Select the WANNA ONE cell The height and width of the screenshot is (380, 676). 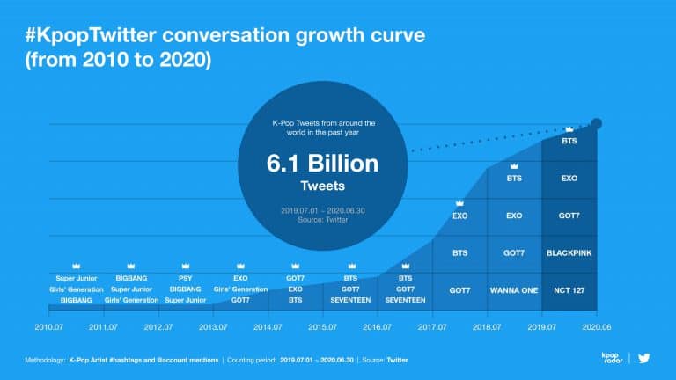click(514, 289)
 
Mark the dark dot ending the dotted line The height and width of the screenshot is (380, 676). click(598, 123)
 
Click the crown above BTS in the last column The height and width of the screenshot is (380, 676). click(569, 130)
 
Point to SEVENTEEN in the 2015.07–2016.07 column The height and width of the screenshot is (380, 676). click(350, 300)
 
